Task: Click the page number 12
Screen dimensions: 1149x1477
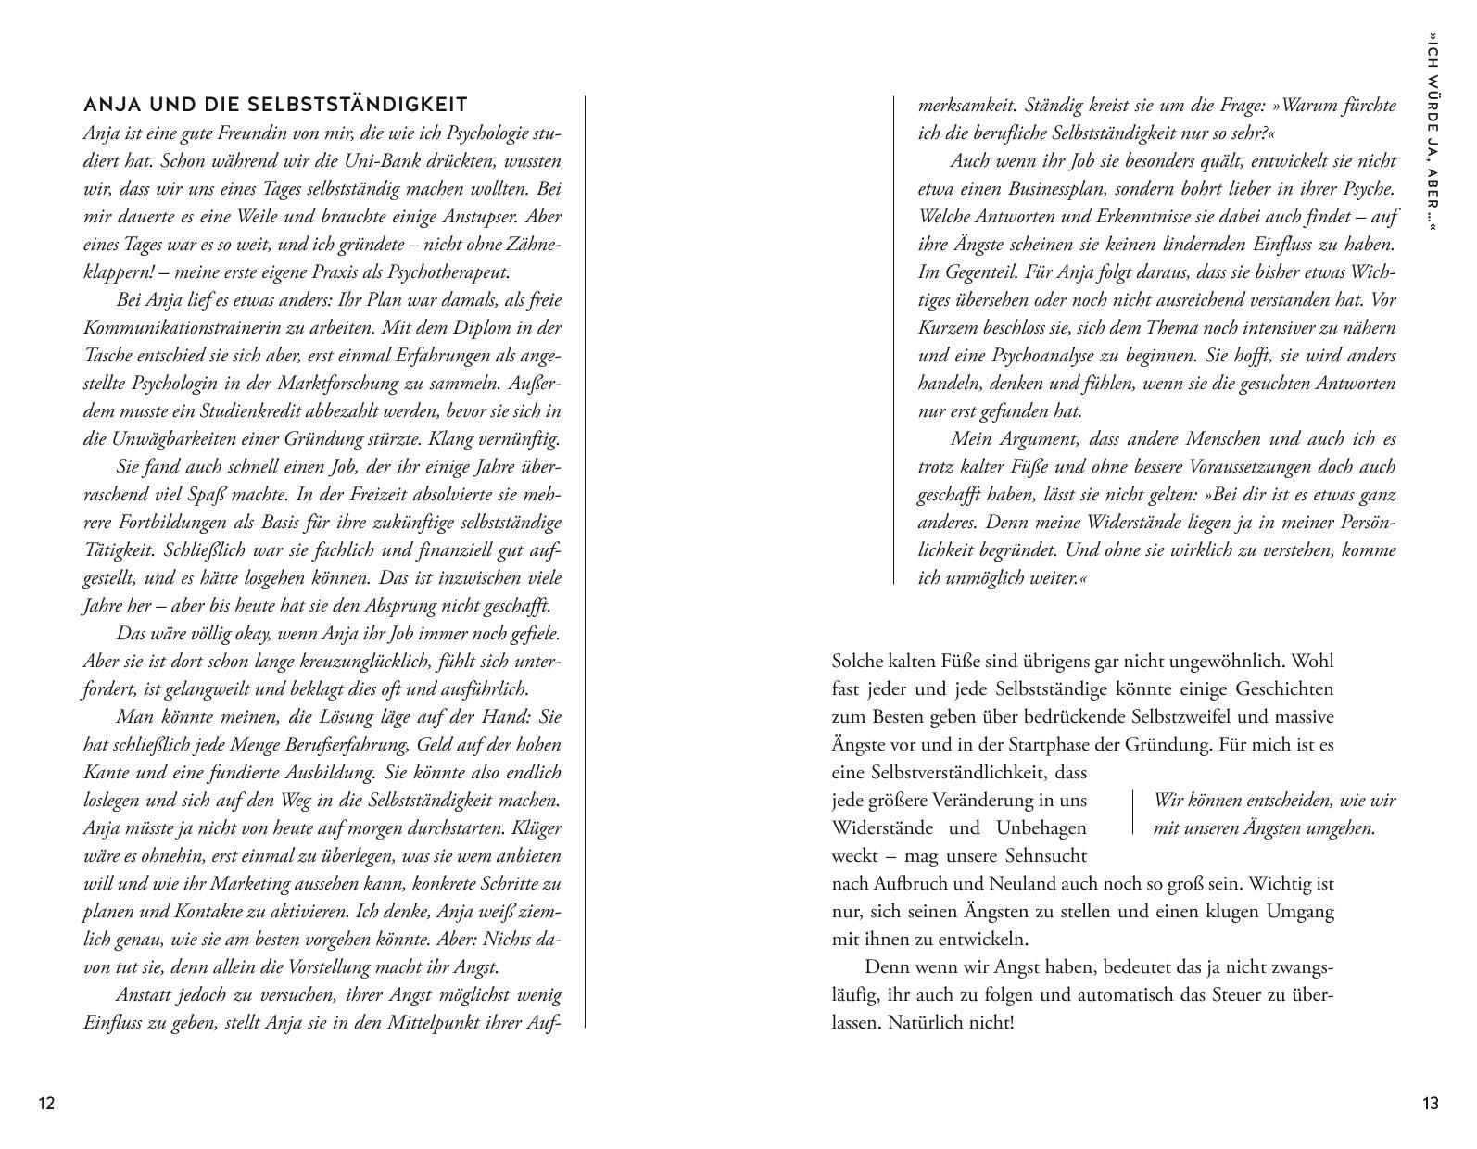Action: [x=46, y=1103]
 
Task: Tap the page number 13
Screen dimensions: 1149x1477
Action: [x=1430, y=1103]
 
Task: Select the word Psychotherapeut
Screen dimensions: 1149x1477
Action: [x=448, y=271]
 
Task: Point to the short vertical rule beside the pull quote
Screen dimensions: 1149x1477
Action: [x=1132, y=813]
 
